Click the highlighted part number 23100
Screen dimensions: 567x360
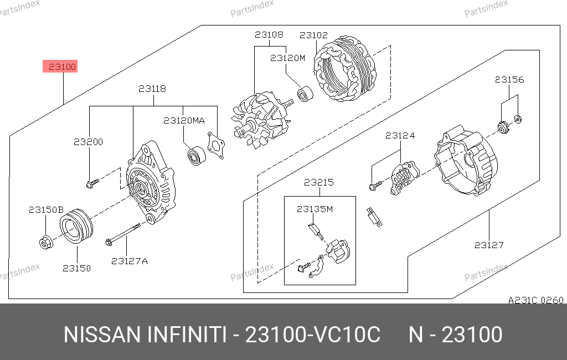(62, 67)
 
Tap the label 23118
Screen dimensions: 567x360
(152, 89)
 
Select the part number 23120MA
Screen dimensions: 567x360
(184, 121)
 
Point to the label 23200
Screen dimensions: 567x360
(88, 142)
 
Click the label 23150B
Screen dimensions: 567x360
(47, 210)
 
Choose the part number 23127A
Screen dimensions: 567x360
(130, 261)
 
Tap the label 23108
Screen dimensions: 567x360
(269, 35)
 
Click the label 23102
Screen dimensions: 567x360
(313, 35)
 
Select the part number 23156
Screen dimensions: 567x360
(509, 80)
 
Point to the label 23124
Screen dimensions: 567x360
(400, 135)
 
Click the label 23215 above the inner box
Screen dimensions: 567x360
(318, 182)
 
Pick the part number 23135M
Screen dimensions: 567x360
(315, 209)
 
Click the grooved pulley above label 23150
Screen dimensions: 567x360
(76, 226)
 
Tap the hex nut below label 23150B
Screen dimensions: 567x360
(46, 242)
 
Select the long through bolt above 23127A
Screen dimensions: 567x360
(123, 234)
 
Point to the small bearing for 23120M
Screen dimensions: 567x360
(305, 94)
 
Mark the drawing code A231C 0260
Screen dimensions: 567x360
(535, 300)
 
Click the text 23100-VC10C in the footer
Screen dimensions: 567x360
(313, 335)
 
